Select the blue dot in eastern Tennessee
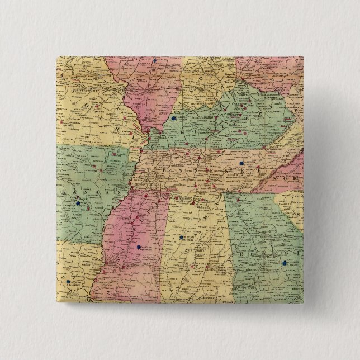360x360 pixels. (241, 163)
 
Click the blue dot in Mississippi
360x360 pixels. (138, 247)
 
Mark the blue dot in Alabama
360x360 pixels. (182, 239)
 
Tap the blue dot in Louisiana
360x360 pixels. (69, 282)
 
